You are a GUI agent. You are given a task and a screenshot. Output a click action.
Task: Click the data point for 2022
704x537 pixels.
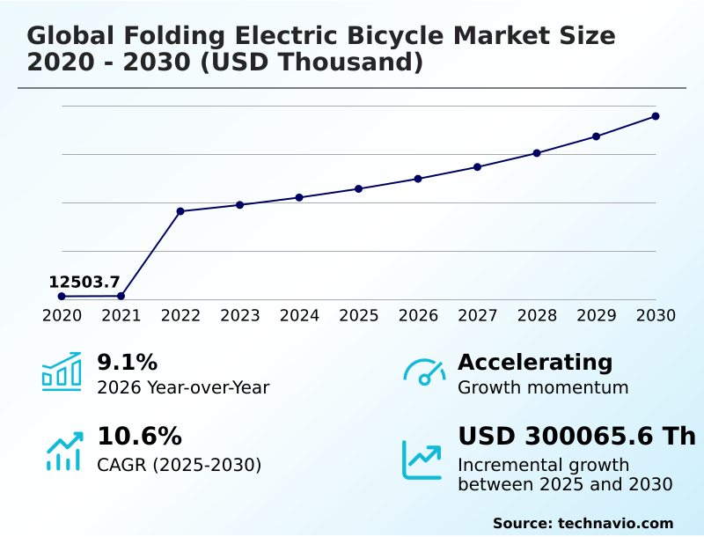pos(180,211)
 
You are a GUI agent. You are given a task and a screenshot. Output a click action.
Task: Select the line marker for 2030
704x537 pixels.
pos(656,116)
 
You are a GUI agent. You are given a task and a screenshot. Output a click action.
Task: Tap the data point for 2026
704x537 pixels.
pos(418,179)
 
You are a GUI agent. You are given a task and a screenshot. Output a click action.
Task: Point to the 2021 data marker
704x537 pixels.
pos(121,296)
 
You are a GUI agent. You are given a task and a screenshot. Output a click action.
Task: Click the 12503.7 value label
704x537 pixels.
pos(84,283)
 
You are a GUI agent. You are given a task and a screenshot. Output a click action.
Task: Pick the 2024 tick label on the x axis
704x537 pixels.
pos(299,316)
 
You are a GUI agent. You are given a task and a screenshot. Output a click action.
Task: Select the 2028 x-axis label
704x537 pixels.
pos(537,316)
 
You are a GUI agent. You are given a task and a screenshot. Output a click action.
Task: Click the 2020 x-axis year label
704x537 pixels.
pos(62,316)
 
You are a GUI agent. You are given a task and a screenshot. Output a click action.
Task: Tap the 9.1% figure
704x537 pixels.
pos(127,363)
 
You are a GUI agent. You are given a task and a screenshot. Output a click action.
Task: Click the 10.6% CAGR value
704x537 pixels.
pos(139,437)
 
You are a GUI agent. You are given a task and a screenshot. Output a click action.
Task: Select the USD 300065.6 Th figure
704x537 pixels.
pos(576,437)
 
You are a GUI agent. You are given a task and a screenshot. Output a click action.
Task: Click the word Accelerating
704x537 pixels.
pos(535,363)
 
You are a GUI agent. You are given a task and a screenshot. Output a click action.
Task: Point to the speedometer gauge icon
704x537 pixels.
pos(424,371)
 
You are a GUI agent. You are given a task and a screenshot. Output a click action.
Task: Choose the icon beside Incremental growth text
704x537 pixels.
pos(422,459)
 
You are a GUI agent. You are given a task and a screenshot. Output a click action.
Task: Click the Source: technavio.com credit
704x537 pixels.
pos(583,523)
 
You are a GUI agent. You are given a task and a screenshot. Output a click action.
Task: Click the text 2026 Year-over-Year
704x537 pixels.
pos(183,388)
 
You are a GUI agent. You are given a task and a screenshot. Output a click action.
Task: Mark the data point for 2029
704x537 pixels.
pos(596,136)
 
